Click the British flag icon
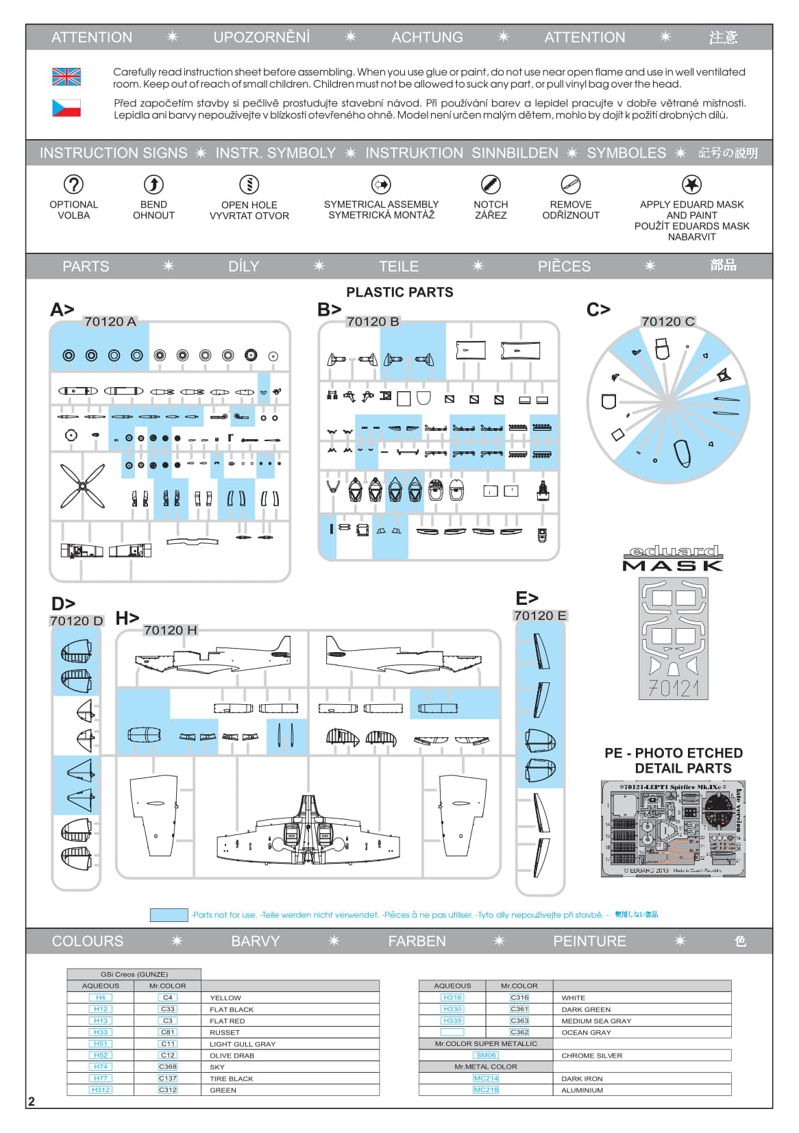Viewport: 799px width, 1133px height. tap(66, 77)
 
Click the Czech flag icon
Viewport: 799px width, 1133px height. tap(66, 108)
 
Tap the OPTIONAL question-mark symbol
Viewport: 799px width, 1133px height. tap(73, 184)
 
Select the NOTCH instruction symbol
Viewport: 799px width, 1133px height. tap(491, 184)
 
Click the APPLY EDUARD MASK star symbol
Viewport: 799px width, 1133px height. tap(691, 184)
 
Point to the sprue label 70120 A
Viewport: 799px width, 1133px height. tap(110, 321)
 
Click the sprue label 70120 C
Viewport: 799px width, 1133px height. tap(667, 321)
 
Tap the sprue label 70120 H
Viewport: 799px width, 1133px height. tap(170, 630)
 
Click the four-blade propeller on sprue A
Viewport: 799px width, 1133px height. tap(83, 486)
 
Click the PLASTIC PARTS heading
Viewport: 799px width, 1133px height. tap(399, 292)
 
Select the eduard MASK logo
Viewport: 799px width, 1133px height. tap(673, 558)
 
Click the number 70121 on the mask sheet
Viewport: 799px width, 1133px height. tap(673, 688)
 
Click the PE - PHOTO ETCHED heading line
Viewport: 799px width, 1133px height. tap(673, 753)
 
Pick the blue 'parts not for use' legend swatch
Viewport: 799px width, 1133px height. tap(169, 914)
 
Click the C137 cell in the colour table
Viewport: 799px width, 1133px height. tap(168, 1078)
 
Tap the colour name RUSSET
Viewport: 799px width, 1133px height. tap(225, 1032)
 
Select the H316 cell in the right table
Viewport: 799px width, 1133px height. tap(452, 997)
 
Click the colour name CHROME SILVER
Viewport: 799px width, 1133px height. tap(591, 1056)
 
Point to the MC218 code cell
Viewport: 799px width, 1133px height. tap(486, 1090)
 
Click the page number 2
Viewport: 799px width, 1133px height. tap(32, 1101)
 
